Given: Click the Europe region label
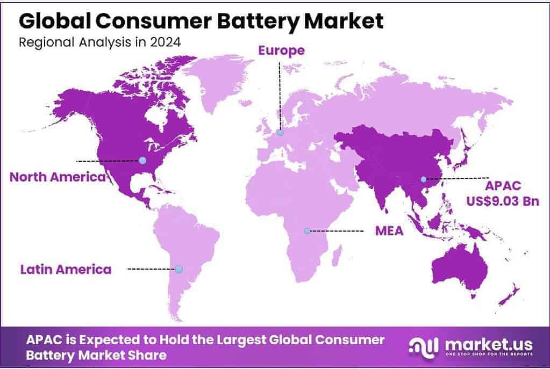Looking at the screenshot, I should click(x=281, y=50).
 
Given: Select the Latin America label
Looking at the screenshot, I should click(x=66, y=269).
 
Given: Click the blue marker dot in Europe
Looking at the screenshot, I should click(x=280, y=133).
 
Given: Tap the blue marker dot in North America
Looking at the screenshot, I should click(x=142, y=160).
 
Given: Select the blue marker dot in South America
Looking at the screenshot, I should click(x=178, y=269).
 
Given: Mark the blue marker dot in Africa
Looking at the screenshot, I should click(x=307, y=231).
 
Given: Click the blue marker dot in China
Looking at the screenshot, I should click(x=423, y=179).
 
